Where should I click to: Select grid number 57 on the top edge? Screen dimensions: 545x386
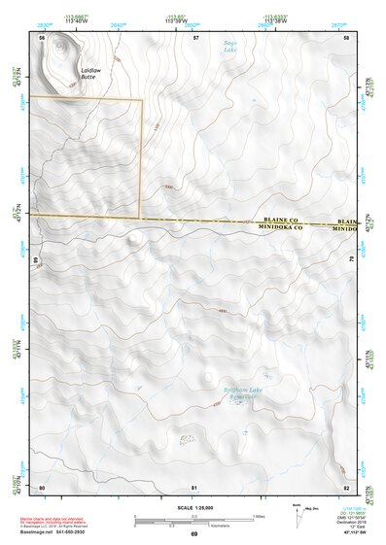coord(195,37)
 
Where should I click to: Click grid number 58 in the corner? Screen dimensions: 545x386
coord(347,37)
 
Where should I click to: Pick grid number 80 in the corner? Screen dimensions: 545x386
coord(42,486)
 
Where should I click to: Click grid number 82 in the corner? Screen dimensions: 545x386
coord(346,486)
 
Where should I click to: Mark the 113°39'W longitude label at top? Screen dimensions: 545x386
coord(177,21)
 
